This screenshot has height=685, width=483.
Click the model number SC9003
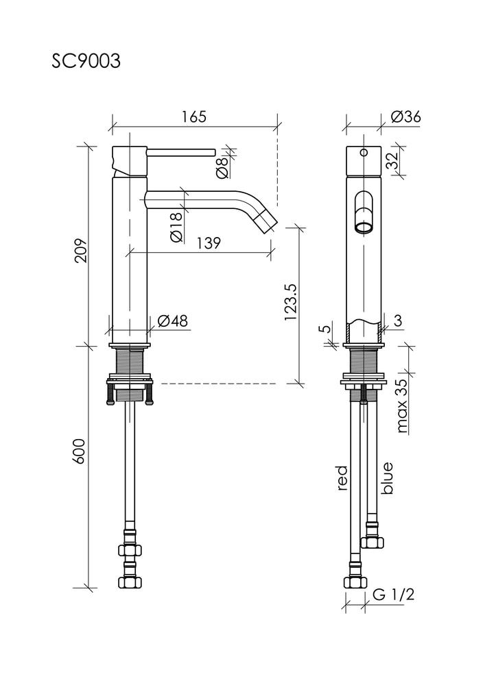click(x=86, y=62)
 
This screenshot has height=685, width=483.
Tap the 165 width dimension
click(x=193, y=117)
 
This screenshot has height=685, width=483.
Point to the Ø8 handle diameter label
click(x=222, y=168)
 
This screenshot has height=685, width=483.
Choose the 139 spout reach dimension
click(x=209, y=243)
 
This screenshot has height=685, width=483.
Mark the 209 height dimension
click(x=82, y=250)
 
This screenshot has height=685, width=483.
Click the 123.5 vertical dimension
click(x=290, y=302)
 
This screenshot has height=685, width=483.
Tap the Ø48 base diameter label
click(x=172, y=321)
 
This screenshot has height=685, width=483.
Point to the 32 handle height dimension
click(x=392, y=160)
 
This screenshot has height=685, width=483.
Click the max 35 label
click(x=402, y=406)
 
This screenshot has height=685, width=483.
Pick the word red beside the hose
click(x=342, y=477)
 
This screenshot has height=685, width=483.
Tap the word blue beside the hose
click(x=387, y=478)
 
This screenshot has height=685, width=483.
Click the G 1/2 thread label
click(x=393, y=595)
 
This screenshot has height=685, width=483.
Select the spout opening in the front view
click(x=364, y=227)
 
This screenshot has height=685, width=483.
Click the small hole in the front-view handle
click(x=364, y=153)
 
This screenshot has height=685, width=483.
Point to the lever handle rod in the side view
click(x=181, y=152)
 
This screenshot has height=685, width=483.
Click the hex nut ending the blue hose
click(x=372, y=543)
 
